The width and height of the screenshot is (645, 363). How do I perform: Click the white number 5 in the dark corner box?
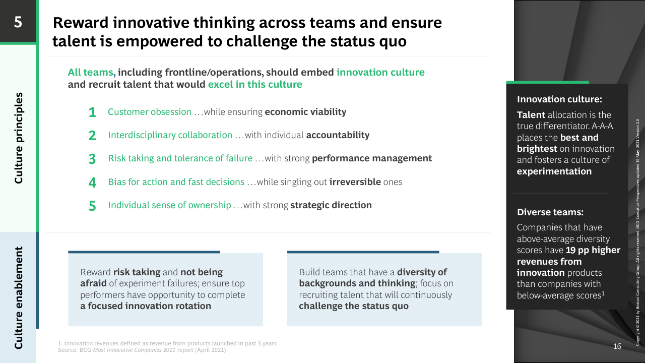[18, 22]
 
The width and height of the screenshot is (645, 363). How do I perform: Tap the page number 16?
[617, 346]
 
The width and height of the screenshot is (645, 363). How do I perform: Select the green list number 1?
[92, 112]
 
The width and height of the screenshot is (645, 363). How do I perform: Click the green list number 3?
[92, 159]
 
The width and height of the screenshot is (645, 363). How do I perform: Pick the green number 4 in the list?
[92, 183]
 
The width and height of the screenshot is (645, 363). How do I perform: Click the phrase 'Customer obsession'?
[150, 112]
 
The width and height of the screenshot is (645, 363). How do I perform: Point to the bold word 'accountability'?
[338, 135]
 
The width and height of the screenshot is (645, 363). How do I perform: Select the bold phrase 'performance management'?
[372, 158]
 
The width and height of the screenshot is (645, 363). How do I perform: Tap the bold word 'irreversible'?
[355, 182]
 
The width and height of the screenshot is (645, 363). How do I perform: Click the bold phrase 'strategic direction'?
[331, 205]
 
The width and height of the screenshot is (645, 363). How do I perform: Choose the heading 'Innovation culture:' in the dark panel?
[559, 99]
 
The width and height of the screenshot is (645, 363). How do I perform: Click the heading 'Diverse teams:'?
[550, 212]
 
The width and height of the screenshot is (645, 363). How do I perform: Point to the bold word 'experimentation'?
[554, 171]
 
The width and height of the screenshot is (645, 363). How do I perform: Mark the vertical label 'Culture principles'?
[19, 138]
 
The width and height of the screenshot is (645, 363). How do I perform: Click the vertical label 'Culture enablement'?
[19, 297]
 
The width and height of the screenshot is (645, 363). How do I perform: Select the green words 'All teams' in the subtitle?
[90, 72]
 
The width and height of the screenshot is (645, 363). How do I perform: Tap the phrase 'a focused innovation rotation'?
[146, 306]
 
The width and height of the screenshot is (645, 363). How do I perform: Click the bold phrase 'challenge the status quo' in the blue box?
[354, 306]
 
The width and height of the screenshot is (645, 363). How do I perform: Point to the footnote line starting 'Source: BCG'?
[142, 350]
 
